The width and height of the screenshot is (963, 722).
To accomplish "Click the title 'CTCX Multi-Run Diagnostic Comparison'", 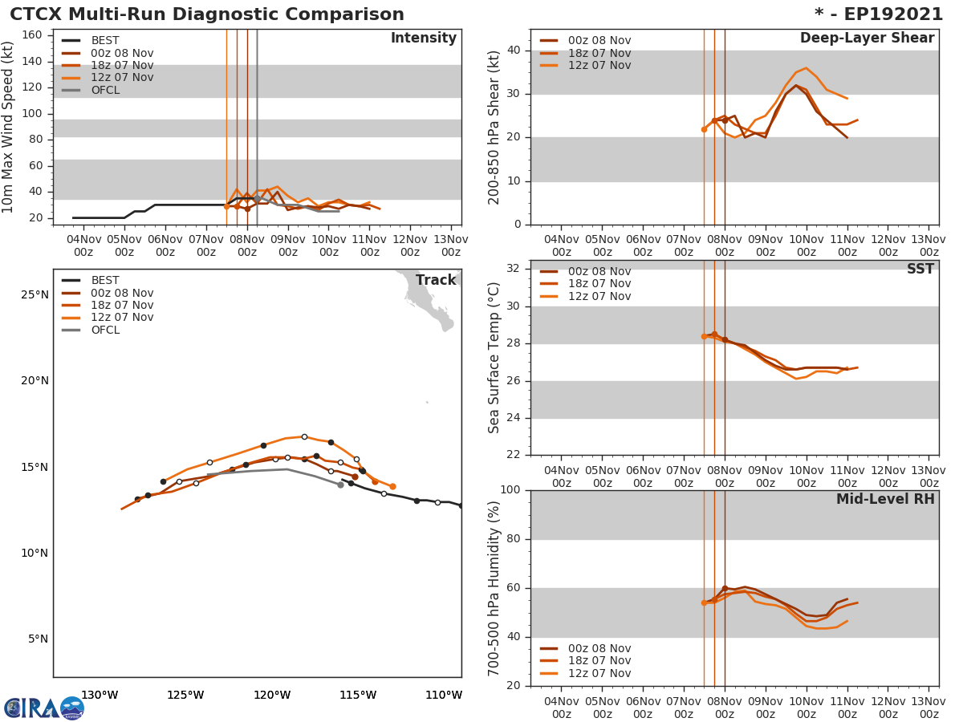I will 207,14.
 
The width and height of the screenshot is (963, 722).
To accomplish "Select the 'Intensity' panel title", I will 423,39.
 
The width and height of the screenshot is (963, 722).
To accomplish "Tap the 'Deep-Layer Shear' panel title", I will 867,39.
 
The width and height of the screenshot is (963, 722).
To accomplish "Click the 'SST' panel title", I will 920,270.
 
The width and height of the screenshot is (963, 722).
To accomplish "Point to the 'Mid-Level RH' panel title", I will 885,499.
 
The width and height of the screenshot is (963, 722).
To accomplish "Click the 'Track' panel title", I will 436,280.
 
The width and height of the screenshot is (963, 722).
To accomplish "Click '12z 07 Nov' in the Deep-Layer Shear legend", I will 599,65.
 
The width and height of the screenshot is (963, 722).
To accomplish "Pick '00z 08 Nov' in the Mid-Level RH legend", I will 599,648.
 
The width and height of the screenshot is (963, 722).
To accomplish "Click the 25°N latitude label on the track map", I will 35,294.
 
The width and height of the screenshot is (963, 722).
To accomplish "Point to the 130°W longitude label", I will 100,695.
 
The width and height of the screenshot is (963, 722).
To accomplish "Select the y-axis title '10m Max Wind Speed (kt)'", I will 9,127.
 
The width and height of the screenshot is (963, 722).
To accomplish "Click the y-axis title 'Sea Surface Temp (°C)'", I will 495,358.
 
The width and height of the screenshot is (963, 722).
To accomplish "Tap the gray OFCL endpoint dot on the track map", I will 340,485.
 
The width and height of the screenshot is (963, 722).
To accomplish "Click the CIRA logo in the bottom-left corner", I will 43,708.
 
